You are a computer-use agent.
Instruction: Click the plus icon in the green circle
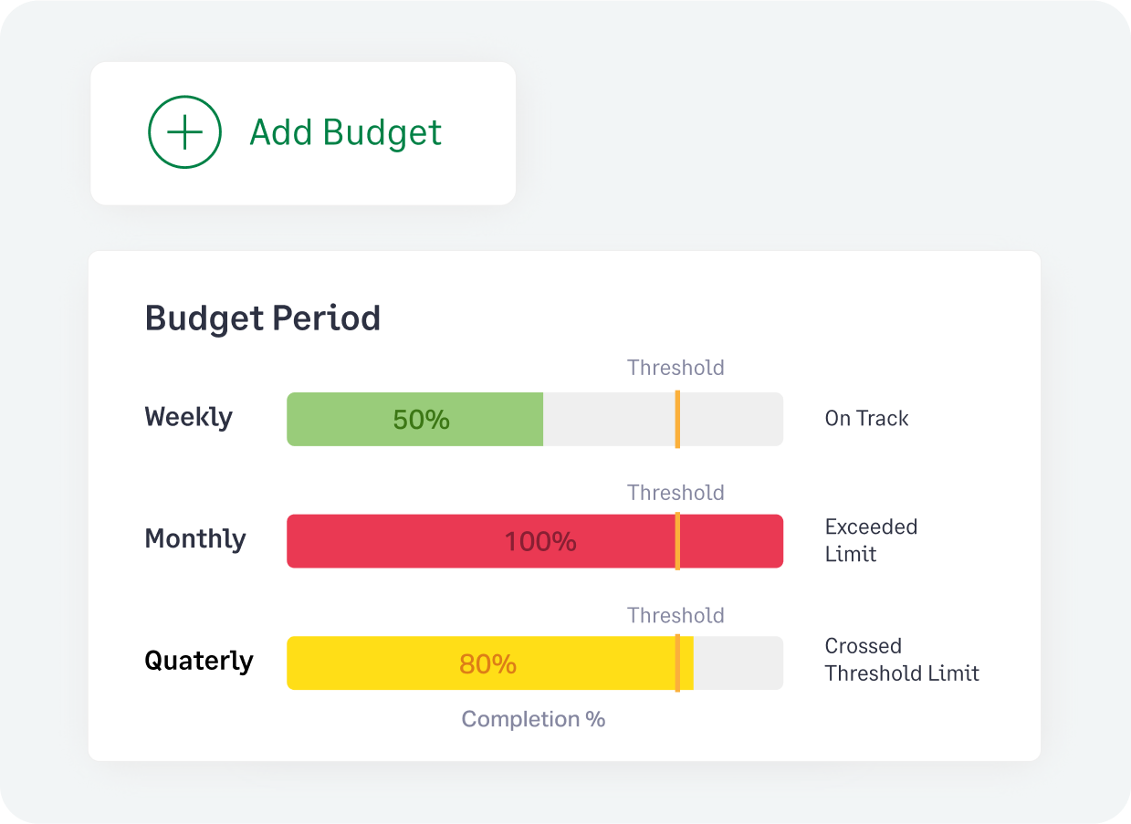click(184, 133)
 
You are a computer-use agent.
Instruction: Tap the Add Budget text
click(345, 133)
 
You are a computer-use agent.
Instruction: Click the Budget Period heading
click(263, 318)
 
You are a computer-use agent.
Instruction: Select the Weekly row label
click(189, 418)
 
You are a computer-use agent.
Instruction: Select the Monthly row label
click(195, 538)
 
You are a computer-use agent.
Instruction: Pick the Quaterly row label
click(199, 661)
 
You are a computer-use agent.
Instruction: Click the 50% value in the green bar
click(421, 420)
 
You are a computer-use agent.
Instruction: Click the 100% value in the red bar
click(540, 542)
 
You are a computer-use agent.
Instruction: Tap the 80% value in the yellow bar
click(487, 664)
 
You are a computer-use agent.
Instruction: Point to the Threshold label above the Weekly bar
click(675, 368)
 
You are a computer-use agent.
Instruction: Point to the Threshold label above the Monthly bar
click(675, 493)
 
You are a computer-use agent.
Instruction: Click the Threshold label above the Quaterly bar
click(675, 616)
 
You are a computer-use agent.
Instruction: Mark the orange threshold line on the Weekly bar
click(677, 419)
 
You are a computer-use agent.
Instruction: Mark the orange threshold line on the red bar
click(677, 541)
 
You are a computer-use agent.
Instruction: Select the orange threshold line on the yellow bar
click(677, 663)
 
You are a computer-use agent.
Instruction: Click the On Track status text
click(866, 419)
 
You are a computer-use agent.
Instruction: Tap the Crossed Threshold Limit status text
click(901, 660)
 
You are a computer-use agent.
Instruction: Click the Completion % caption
click(533, 719)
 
